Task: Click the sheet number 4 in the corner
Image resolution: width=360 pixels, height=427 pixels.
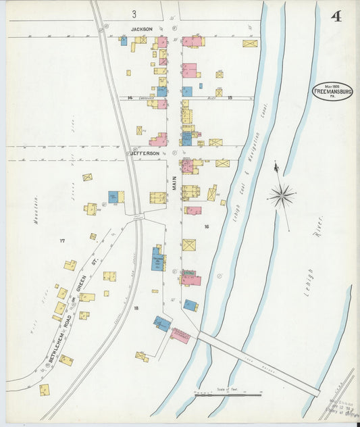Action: pyautogui.click(x=336, y=16)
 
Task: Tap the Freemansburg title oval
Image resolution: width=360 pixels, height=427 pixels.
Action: pyautogui.click(x=331, y=92)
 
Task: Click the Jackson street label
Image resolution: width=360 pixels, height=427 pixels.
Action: pyautogui.click(x=143, y=29)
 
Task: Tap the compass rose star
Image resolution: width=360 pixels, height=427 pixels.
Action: pyautogui.click(x=280, y=197)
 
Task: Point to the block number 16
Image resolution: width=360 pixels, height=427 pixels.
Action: pyautogui.click(x=207, y=226)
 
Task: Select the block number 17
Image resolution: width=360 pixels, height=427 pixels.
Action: pyautogui.click(x=61, y=241)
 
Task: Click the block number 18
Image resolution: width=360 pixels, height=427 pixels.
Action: pyautogui.click(x=136, y=308)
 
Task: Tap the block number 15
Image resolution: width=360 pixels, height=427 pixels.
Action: pyautogui.click(x=230, y=98)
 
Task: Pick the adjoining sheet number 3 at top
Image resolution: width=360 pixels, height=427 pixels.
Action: pyautogui.click(x=134, y=14)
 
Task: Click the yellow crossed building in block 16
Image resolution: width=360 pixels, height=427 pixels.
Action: pyautogui.click(x=189, y=245)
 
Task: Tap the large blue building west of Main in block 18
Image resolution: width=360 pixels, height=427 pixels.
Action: pyautogui.click(x=157, y=260)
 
